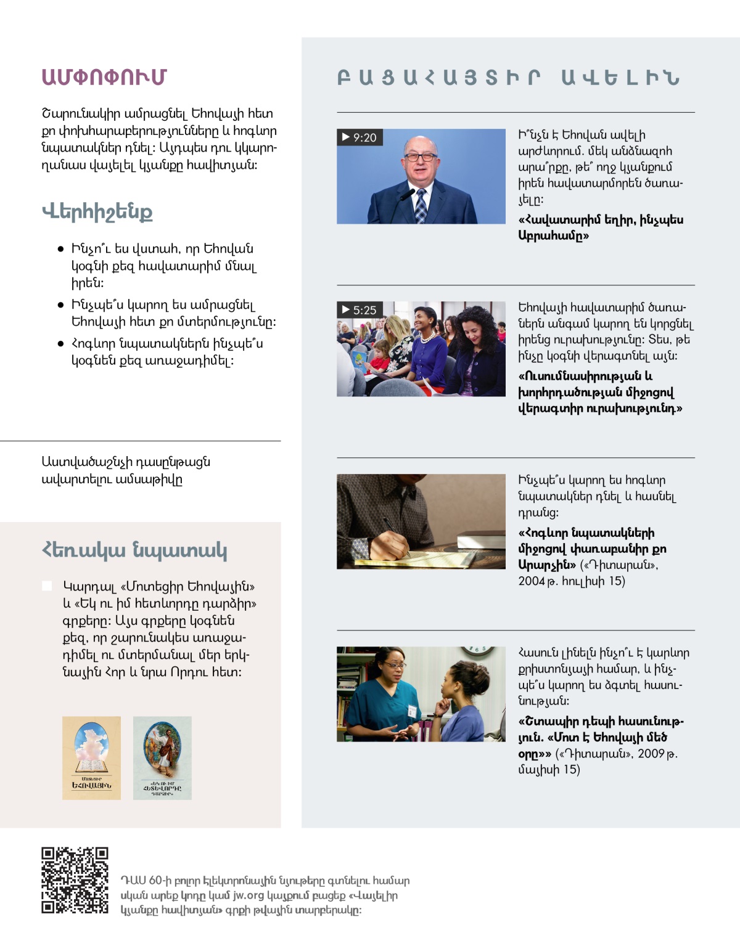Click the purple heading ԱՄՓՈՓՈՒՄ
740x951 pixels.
(x=104, y=77)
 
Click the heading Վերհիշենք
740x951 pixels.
(x=97, y=211)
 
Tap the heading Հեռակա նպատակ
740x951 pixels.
(x=134, y=549)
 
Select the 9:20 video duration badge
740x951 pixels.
(x=360, y=137)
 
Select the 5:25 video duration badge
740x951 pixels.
(x=360, y=310)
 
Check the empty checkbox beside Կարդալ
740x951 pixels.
(x=47, y=586)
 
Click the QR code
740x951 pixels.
(x=75, y=880)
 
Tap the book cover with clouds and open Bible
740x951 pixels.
(x=91, y=757)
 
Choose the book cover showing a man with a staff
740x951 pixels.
(x=162, y=757)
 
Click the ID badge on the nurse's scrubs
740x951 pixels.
(x=411, y=710)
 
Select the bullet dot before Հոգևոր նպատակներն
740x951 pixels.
(x=60, y=344)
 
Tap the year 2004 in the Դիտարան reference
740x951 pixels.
(x=531, y=581)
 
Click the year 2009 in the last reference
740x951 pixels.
(x=651, y=753)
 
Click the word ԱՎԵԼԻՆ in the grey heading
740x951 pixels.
(x=620, y=78)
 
